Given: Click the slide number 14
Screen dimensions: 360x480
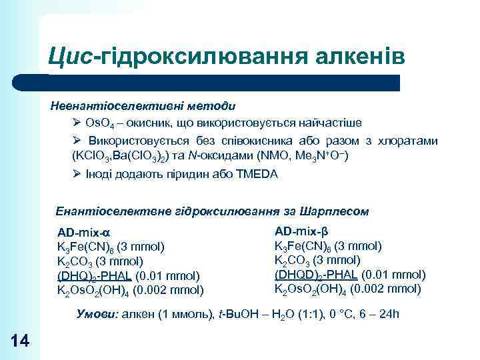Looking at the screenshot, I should tap(21, 341).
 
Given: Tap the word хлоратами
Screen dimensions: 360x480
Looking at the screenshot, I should tap(409, 141).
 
